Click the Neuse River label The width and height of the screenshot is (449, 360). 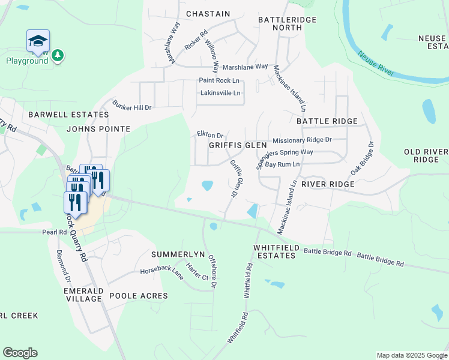pos(376,64)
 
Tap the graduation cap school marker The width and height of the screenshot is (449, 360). pos(37,41)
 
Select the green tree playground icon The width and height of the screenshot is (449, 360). pos(58,56)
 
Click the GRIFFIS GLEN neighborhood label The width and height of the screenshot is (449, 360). pos(238,145)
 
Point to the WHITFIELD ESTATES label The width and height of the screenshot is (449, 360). pos(275,251)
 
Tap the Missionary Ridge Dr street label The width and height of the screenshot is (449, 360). pos(302,140)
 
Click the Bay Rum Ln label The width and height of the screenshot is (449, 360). pos(283,164)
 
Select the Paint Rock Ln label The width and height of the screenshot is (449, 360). pos(219,80)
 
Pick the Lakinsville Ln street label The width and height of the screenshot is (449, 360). pos(220,93)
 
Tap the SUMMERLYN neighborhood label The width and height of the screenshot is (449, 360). pos(174,254)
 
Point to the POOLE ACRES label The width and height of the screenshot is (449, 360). pos(139,296)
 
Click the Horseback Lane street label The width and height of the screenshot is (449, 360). pos(163,271)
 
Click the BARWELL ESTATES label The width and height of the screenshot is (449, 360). pos(59,114)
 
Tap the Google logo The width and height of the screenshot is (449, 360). pos(20,353)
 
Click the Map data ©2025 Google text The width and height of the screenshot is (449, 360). pos(411,355)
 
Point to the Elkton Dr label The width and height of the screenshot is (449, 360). pos(210,135)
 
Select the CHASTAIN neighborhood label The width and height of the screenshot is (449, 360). pos(208,13)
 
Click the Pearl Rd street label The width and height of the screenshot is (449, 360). pos(53,232)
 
